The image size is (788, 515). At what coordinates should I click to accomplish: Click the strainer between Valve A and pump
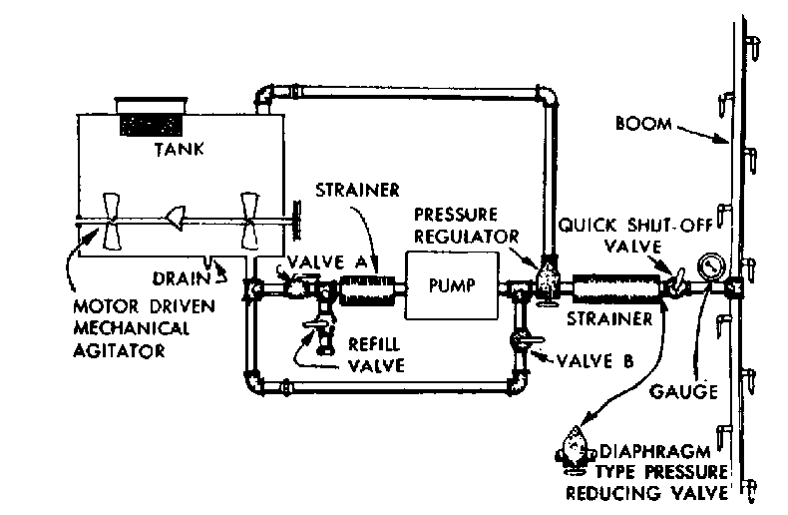[x=368, y=290]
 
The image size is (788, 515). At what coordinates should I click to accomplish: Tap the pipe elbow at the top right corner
[x=546, y=96]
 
